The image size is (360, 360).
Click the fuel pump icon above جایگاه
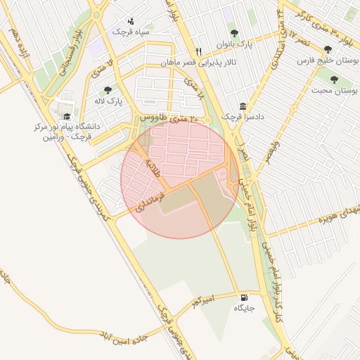(x=244, y=297)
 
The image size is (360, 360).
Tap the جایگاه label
(x=244, y=309)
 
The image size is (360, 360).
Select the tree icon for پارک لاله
(x=108, y=90)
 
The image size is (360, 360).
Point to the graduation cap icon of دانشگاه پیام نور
(x=67, y=117)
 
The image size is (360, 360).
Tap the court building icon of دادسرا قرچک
(x=243, y=106)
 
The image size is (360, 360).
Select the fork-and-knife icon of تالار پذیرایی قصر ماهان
(x=199, y=52)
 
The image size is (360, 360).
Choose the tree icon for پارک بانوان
(x=234, y=33)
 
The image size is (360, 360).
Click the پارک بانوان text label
(x=235, y=44)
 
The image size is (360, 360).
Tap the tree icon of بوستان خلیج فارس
(x=328, y=50)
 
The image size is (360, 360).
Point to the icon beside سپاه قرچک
(x=131, y=22)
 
